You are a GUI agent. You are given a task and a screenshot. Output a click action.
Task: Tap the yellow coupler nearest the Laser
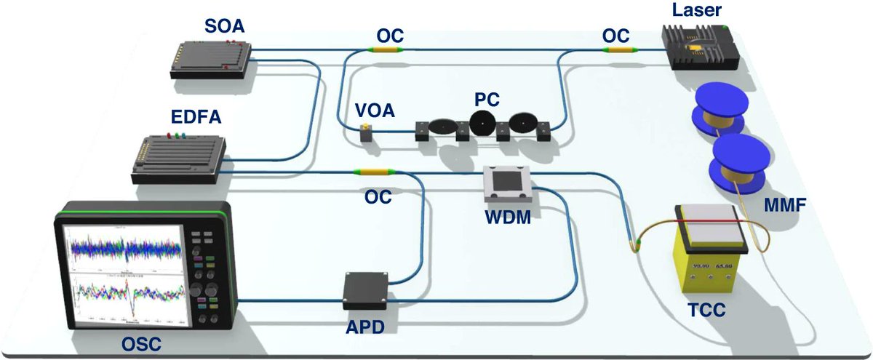pyautogui.click(x=620, y=50)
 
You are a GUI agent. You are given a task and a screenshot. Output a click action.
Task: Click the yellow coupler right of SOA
pyautogui.click(x=384, y=49)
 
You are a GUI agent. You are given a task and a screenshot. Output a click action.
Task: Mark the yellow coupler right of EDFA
pyautogui.click(x=371, y=172)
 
